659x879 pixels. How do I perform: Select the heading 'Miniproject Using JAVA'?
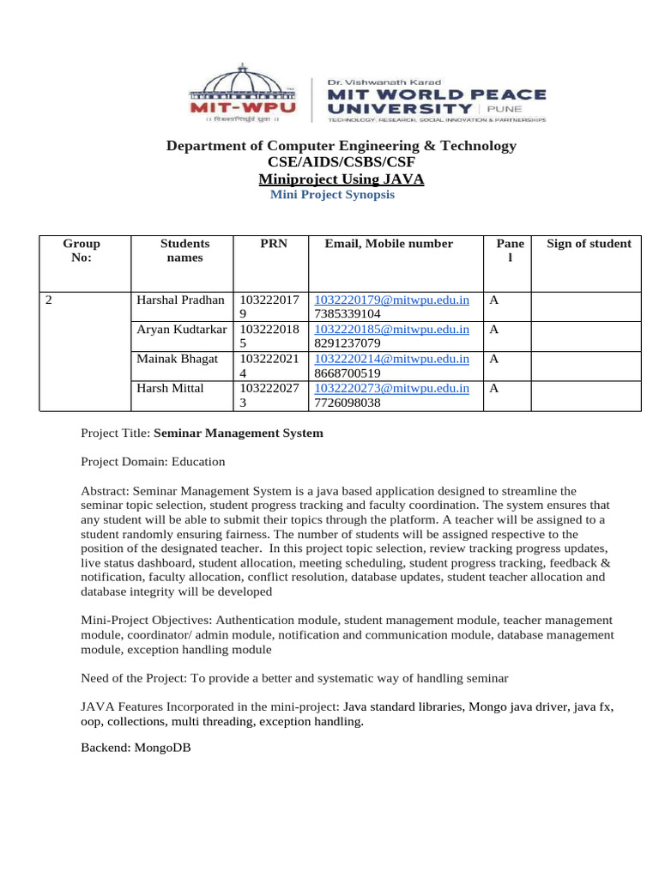pos(341,179)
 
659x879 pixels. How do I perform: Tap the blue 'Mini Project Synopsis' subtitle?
pos(332,195)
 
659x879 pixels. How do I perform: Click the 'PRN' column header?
pos(273,244)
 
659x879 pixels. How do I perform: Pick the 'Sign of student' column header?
pos(589,244)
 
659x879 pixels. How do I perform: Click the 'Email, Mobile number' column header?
pos(389,244)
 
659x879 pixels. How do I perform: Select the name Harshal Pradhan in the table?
pos(181,300)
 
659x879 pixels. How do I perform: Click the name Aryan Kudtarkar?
pos(182,330)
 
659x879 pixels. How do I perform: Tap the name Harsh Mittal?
pos(171,388)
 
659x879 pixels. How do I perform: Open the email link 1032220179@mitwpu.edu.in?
pos(392,300)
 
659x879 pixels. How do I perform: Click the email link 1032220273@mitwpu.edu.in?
pos(392,388)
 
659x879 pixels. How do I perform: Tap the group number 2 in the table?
pos(48,300)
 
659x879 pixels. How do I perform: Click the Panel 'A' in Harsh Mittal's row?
pos(493,388)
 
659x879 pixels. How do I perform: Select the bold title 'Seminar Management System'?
pos(239,433)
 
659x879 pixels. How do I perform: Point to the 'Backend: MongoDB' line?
pos(136,748)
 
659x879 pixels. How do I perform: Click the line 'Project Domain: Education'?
pos(153,462)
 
